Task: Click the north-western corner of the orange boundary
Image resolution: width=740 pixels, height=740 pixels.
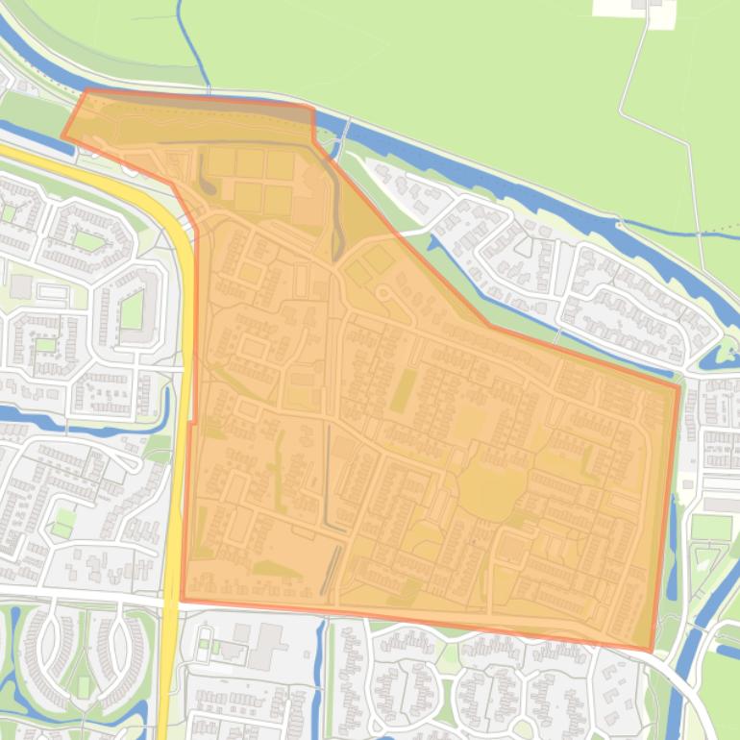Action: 86,90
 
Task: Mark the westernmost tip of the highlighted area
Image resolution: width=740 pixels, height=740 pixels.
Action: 63,136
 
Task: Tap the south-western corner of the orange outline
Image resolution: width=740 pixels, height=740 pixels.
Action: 182,601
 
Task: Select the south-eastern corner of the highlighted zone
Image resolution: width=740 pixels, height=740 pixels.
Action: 652,651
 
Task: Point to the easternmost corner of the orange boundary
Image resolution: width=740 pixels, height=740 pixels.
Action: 678,387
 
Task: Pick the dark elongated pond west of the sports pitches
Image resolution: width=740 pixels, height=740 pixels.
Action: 206,173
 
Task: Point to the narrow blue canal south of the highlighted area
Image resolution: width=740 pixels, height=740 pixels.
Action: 321,673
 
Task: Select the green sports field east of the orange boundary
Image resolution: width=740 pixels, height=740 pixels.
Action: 712,528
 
